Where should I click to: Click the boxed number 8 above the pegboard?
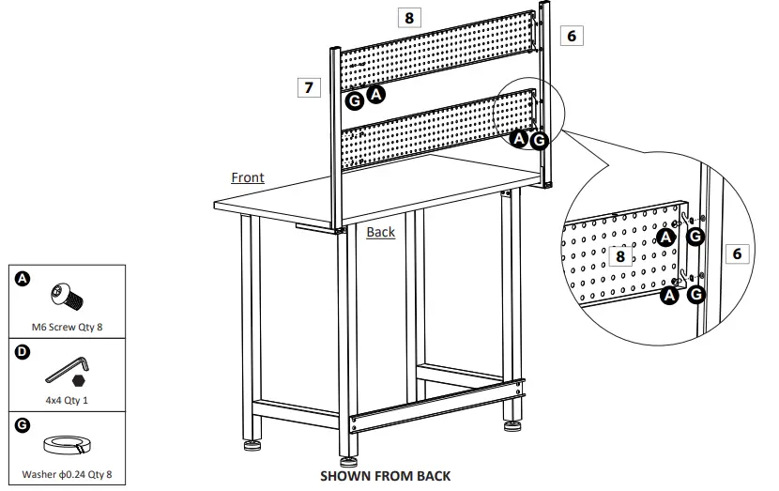(x=408, y=17)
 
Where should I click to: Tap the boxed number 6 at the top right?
(x=572, y=36)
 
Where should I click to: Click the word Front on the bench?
(x=248, y=177)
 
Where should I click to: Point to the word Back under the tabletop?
(x=381, y=232)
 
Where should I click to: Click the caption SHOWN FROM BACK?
(x=386, y=475)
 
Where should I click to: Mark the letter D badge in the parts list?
(x=23, y=352)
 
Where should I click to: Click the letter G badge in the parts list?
(x=23, y=423)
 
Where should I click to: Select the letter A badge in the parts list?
(x=23, y=278)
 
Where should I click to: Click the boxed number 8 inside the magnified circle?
(x=619, y=255)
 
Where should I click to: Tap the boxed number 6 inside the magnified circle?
(x=737, y=253)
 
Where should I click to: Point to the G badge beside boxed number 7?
(x=354, y=100)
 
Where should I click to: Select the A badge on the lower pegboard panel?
(x=519, y=138)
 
